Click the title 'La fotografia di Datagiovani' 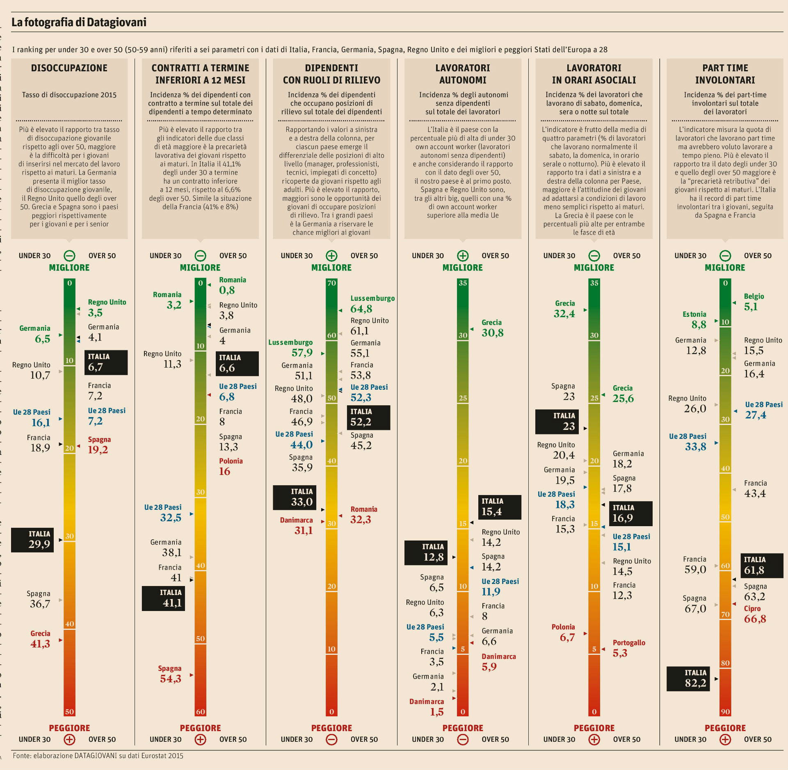79,22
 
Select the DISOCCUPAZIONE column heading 69,68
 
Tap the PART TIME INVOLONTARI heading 725,74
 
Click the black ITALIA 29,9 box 32,540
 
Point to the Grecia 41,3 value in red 40,639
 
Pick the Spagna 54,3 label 170,674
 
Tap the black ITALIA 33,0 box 295,497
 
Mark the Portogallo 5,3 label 628,648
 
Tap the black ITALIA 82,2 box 688,679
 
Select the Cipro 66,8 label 754,614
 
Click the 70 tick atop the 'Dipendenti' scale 331,283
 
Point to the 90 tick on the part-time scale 725,712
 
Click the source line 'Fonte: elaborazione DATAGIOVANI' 98,756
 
